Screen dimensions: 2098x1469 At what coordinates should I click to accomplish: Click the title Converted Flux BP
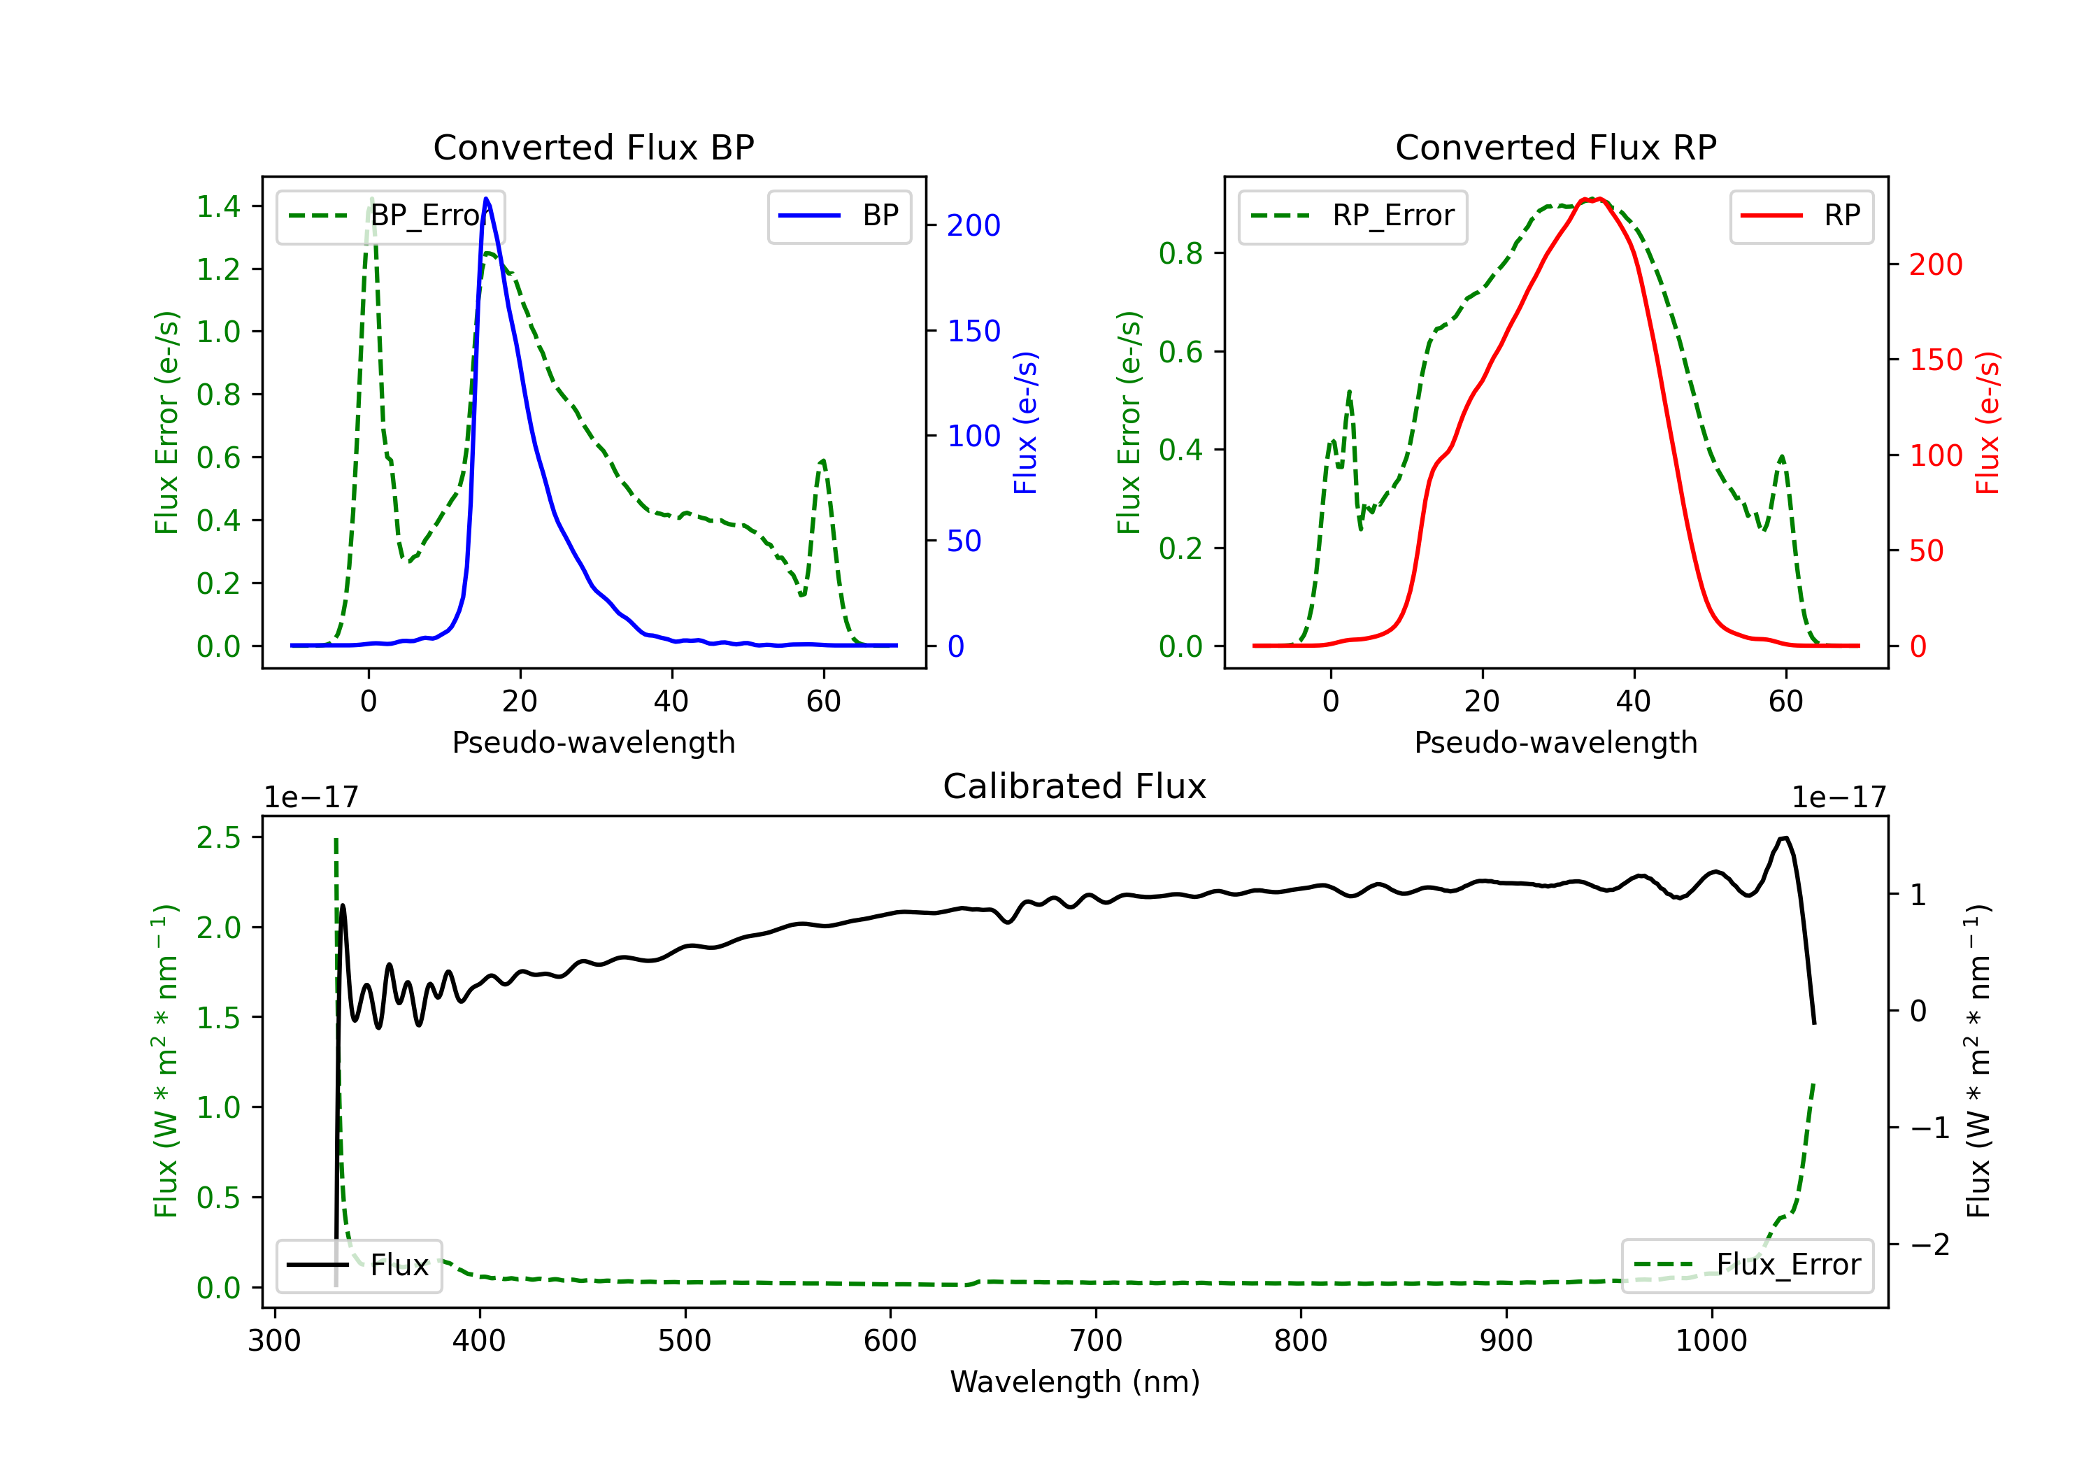pyautogui.click(x=593, y=147)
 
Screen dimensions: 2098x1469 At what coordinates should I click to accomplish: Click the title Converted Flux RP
pyautogui.click(x=1555, y=147)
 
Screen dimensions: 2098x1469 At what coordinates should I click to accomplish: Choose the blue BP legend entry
pyautogui.click(x=839, y=215)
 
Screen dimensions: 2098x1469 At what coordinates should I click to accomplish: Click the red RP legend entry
pyautogui.click(x=1801, y=215)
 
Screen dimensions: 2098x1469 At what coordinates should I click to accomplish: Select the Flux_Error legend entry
pyautogui.click(x=1747, y=1265)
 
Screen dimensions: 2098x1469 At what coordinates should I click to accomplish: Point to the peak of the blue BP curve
pyautogui.click(x=486, y=199)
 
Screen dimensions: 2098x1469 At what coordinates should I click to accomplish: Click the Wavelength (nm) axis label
pyautogui.click(x=1075, y=1382)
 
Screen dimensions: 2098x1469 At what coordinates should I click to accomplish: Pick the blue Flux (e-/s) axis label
pyautogui.click(x=1026, y=423)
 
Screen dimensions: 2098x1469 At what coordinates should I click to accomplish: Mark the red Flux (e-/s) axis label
pyautogui.click(x=1988, y=423)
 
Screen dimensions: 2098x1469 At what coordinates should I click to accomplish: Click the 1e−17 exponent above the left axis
pyautogui.click(x=311, y=797)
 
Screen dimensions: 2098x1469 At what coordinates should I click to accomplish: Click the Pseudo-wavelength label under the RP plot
pyautogui.click(x=1555, y=742)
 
